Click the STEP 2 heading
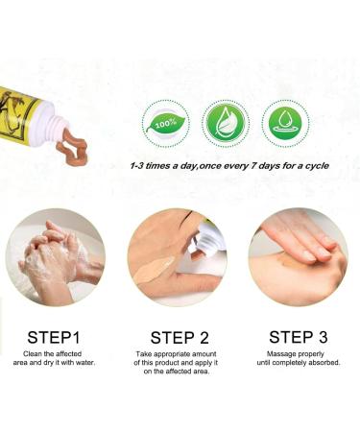coord(180,337)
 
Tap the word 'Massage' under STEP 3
coord(287,355)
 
